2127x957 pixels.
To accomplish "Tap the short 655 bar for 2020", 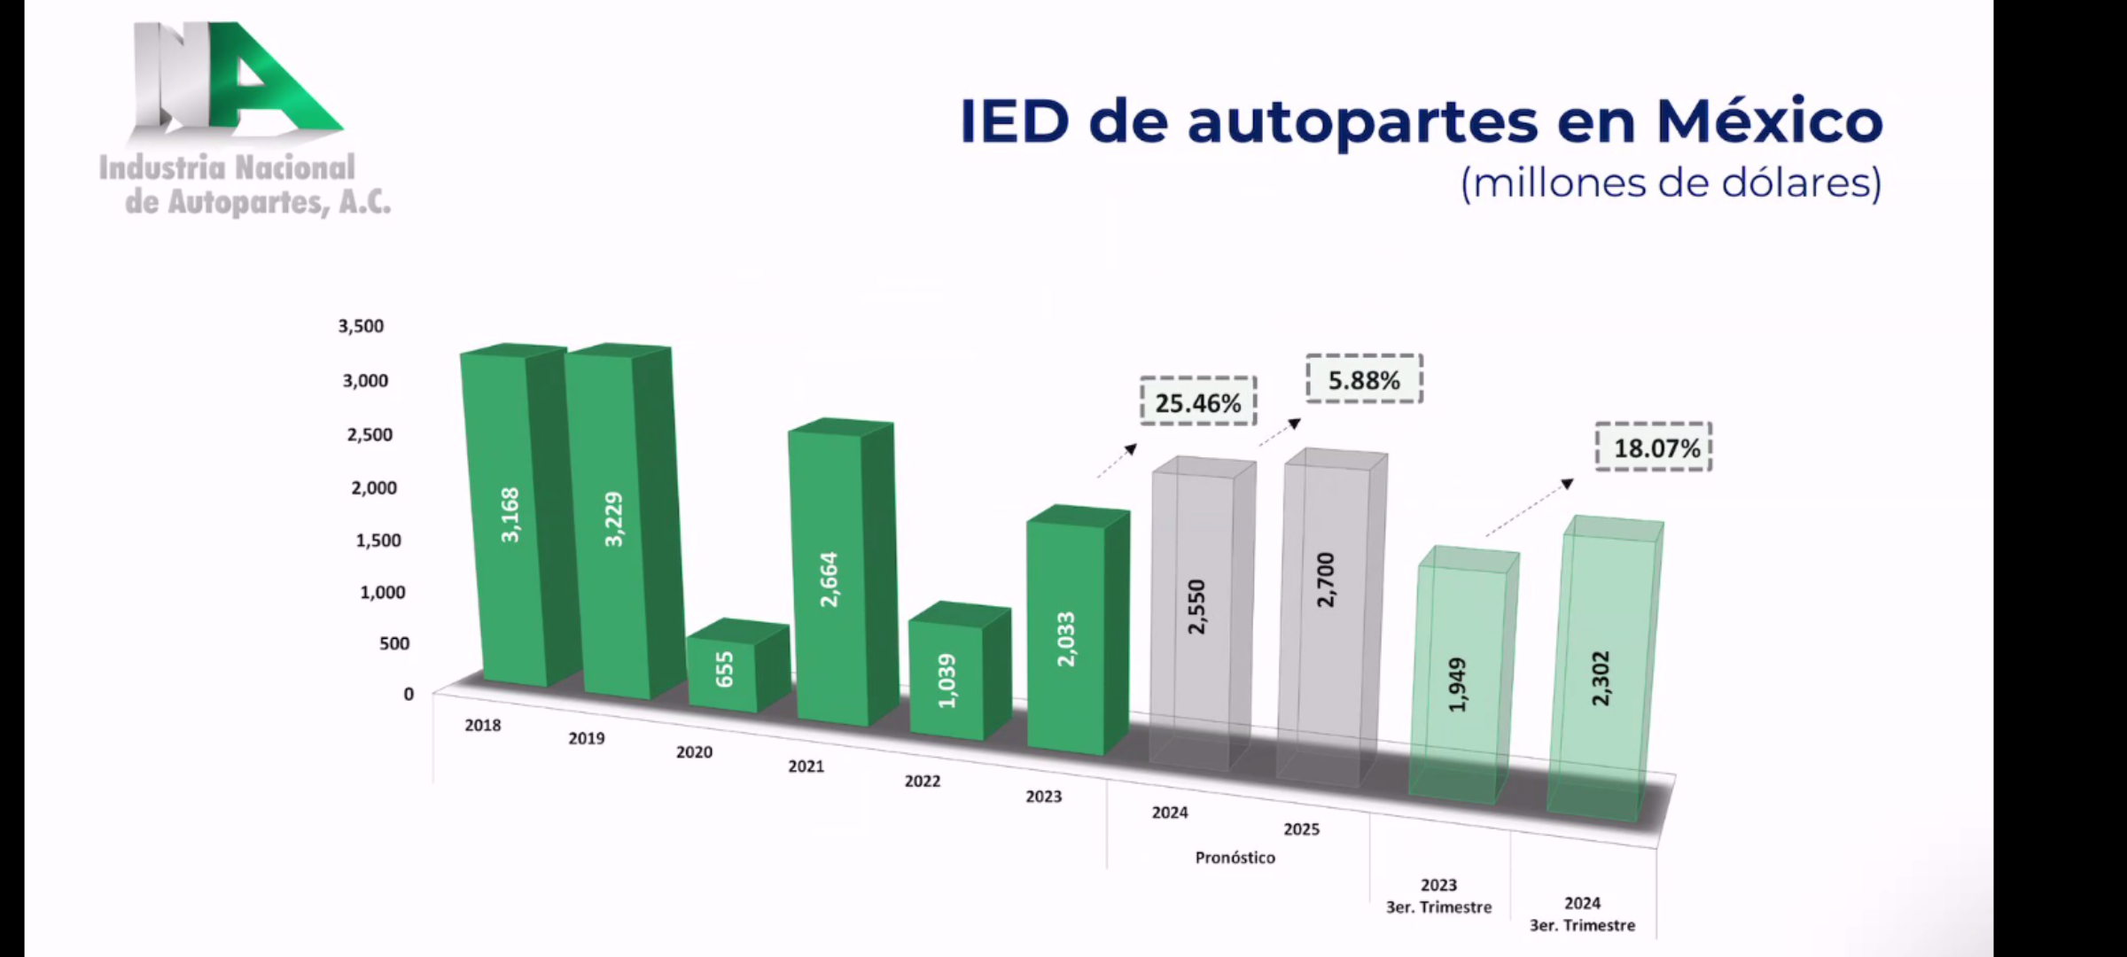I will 725,669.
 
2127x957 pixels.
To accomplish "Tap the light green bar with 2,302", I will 1601,678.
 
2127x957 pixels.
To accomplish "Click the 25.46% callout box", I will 1198,402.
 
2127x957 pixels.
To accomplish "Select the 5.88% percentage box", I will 1364,380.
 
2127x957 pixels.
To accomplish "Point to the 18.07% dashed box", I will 1654,447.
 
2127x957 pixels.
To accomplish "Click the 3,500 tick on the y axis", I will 362,326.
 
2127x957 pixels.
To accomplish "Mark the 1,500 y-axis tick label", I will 378,540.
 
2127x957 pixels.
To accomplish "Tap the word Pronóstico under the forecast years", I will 1235,858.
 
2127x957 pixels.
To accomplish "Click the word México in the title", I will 1769,121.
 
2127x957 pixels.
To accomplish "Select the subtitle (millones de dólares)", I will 1670,183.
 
